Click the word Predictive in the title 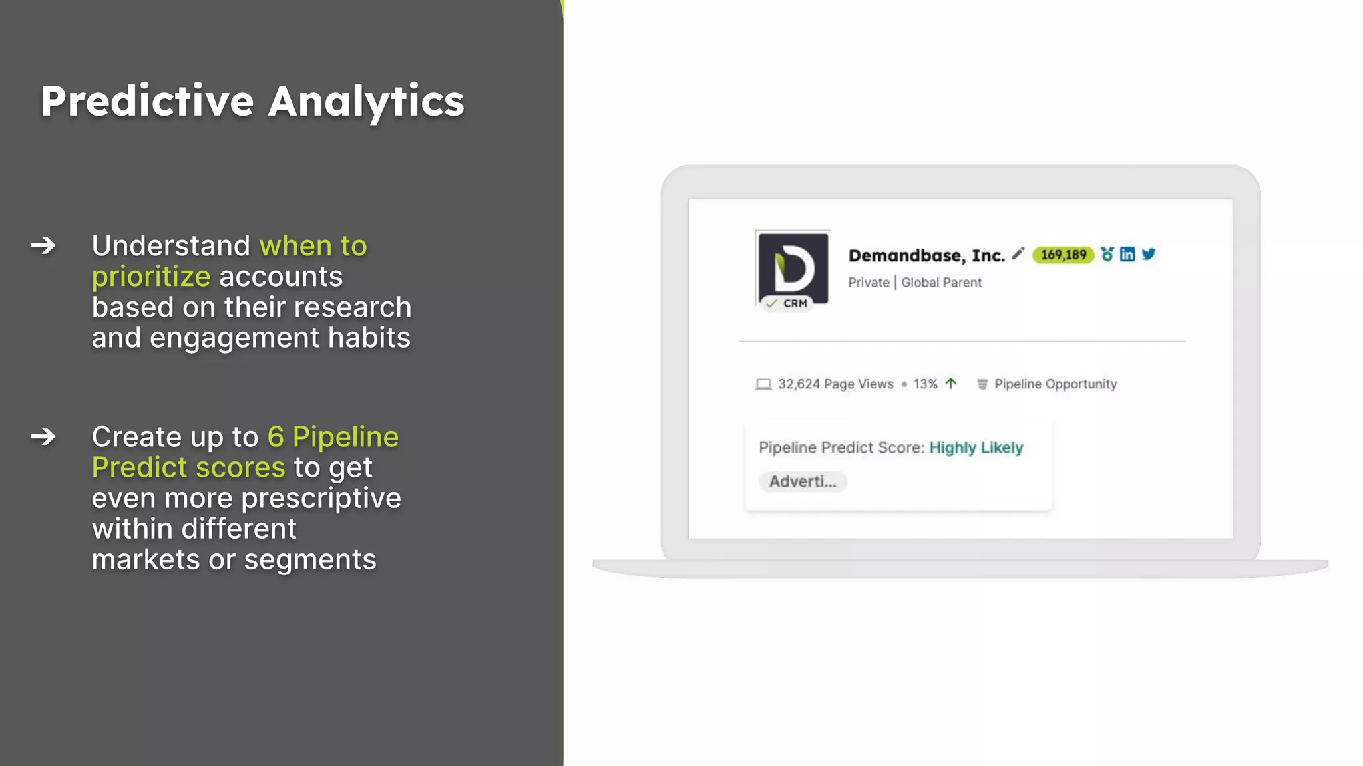146,101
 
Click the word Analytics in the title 366,101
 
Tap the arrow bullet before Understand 43,245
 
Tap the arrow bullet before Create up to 43,436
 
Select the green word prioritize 151,277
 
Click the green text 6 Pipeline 333,437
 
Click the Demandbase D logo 793,265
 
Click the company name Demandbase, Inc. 926,255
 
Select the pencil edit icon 1018,253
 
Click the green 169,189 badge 1063,255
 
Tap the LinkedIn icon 1127,254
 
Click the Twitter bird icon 1149,254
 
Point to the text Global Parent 941,283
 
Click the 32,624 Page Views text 835,384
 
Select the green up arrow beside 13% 951,384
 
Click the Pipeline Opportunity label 1055,384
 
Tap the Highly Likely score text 976,447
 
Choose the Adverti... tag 803,481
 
